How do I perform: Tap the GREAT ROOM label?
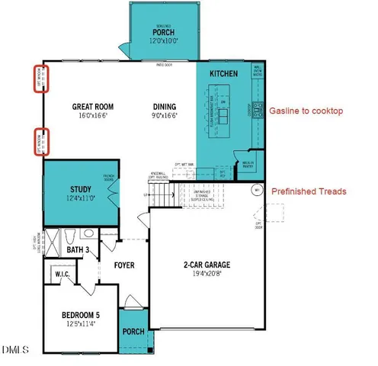[x=94, y=107]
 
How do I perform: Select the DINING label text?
[x=165, y=107]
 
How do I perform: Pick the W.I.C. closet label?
[x=62, y=273]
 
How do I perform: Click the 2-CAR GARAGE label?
[x=207, y=265]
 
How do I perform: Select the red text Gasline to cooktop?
[x=306, y=111]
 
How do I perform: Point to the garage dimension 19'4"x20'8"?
[x=207, y=275]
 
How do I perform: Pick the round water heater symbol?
[x=258, y=189]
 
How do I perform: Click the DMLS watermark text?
[x=16, y=350]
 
